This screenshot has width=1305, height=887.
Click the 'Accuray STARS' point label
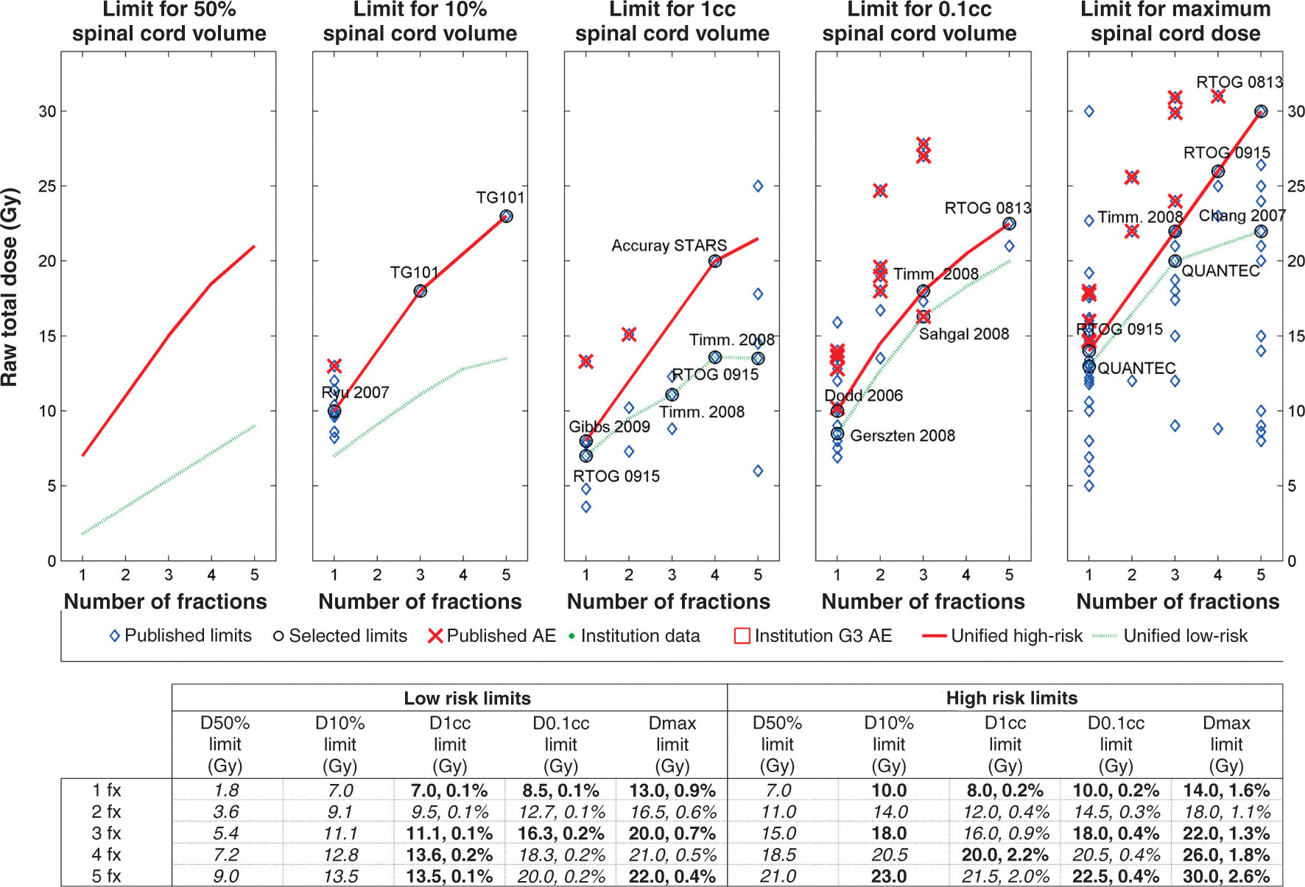(x=669, y=245)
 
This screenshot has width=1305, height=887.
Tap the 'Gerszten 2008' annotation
(x=902, y=436)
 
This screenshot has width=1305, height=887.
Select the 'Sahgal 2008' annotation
(x=963, y=334)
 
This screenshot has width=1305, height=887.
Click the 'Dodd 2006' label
(x=863, y=395)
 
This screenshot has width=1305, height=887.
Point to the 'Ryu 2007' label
(x=355, y=392)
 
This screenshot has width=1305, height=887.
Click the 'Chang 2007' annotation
(x=1242, y=216)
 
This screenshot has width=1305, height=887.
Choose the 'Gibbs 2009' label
(x=609, y=427)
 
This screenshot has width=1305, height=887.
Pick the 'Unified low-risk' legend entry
(x=1185, y=636)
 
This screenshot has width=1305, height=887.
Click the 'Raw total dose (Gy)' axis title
(x=10, y=287)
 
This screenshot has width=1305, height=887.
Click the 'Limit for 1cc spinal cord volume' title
(x=672, y=21)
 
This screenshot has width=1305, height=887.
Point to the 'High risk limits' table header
(x=1011, y=698)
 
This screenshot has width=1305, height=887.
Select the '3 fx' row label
(x=107, y=833)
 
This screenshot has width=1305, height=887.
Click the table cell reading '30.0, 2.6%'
(x=1226, y=877)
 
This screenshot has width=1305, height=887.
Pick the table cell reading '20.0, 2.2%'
(x=1005, y=855)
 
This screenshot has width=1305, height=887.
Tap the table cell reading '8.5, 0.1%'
(x=560, y=791)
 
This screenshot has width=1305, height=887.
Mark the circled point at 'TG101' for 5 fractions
(x=506, y=216)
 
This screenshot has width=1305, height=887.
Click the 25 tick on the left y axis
(x=47, y=186)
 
